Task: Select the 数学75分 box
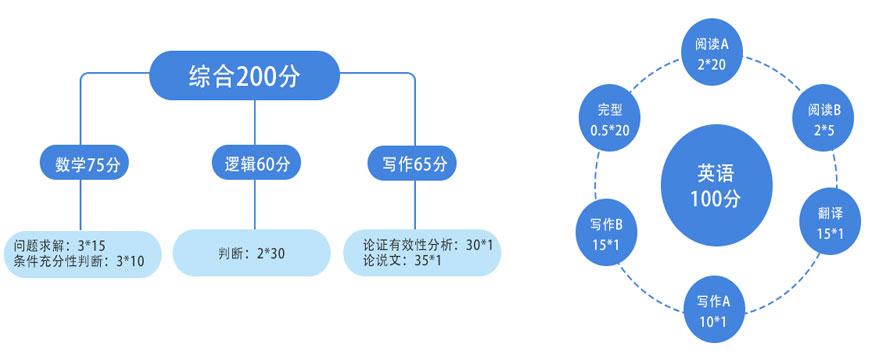pyautogui.click(x=87, y=162)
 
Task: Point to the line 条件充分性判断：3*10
pyautogui.click(x=80, y=262)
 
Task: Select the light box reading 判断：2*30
pyautogui.click(x=251, y=253)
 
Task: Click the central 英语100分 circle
pyautogui.click(x=716, y=183)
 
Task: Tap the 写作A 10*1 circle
pyautogui.click(x=717, y=309)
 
